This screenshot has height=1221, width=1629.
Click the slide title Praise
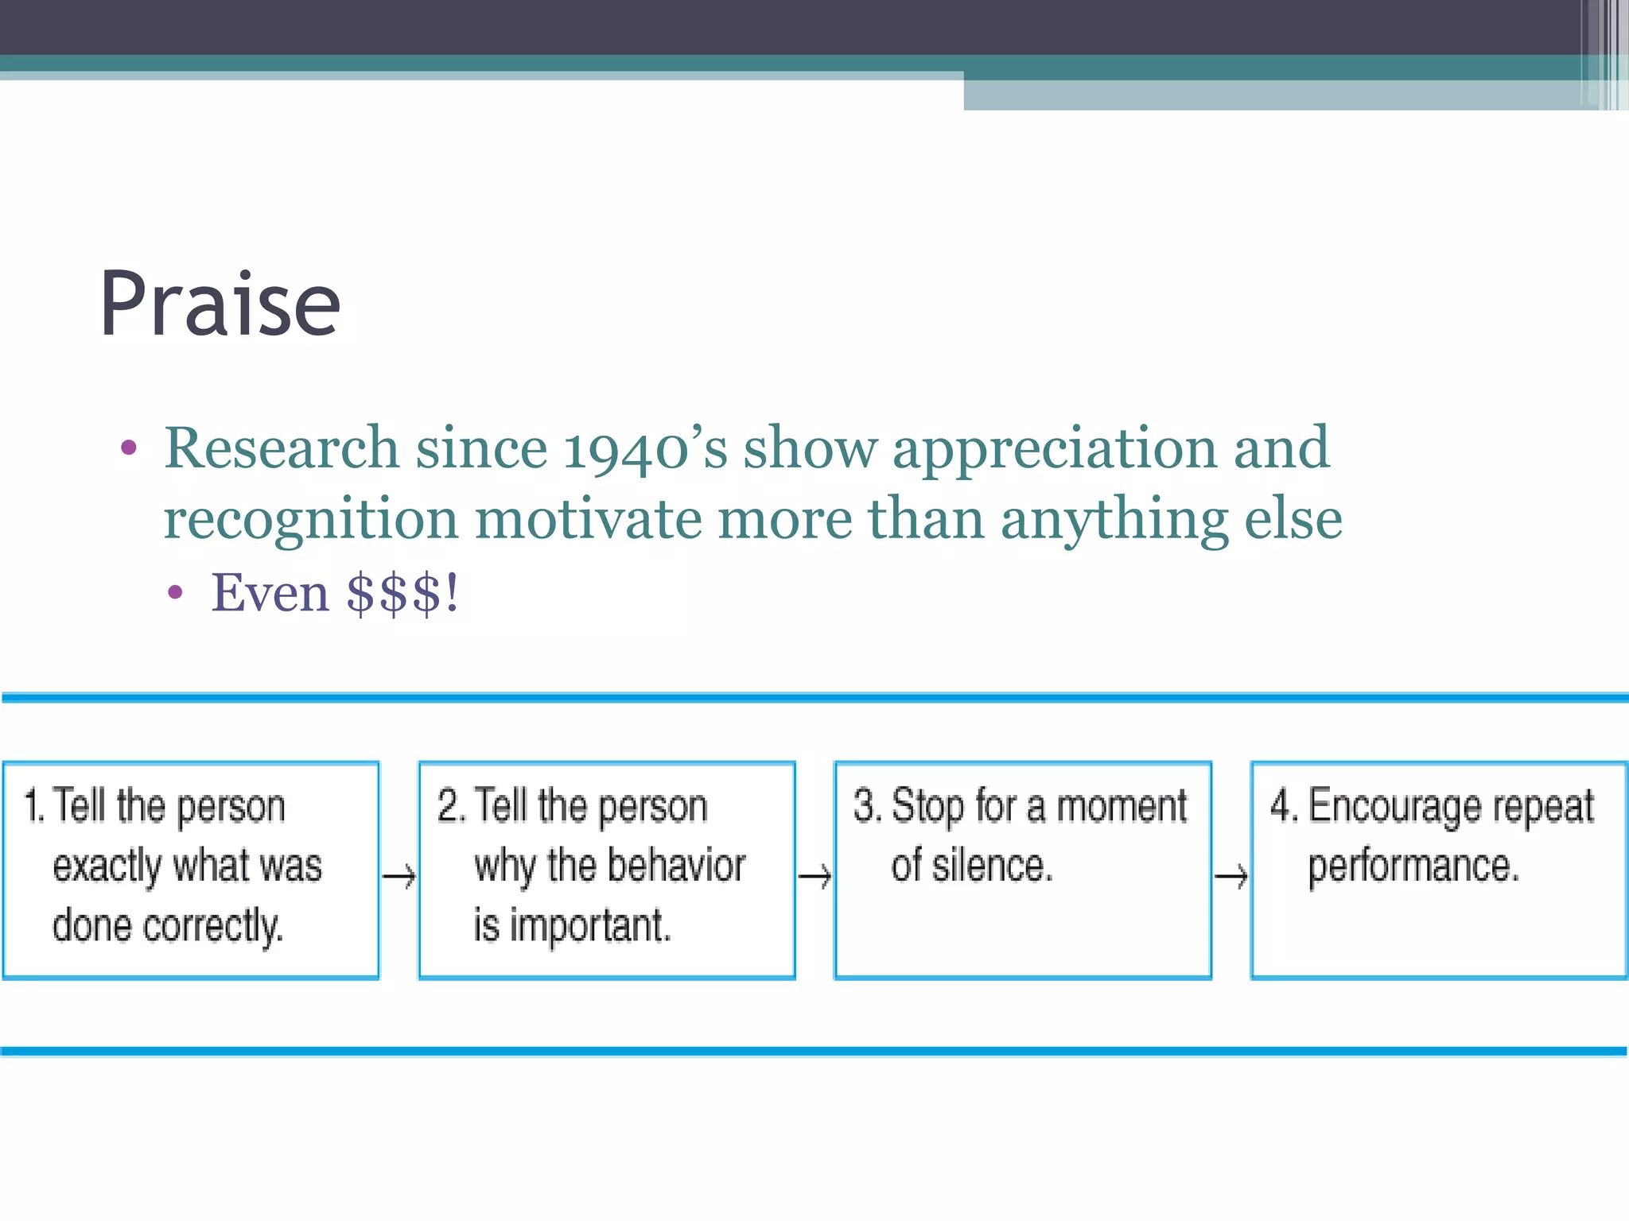[220, 305]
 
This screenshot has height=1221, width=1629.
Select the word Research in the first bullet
[281, 448]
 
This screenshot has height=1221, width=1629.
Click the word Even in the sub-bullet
[270, 593]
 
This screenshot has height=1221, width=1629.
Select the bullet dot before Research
[129, 448]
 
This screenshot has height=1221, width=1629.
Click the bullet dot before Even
[176, 593]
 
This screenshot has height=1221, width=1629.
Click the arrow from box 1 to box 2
[399, 877]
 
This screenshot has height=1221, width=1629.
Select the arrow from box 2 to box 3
[815, 877]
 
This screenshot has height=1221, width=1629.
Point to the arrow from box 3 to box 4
[1231, 877]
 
